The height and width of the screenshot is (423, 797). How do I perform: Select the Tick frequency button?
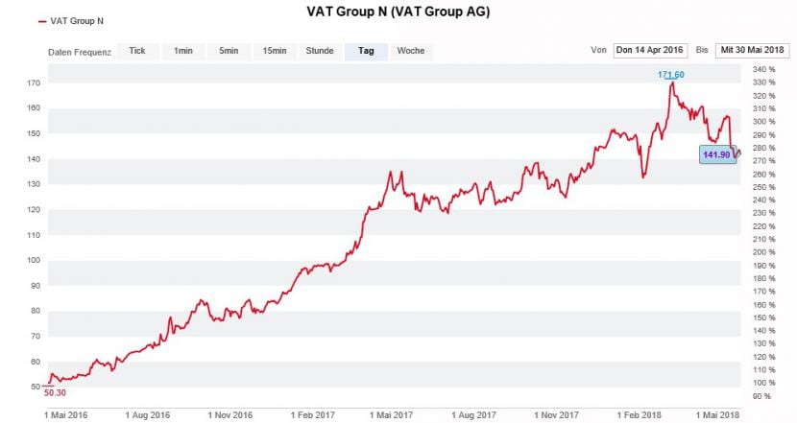[x=137, y=51]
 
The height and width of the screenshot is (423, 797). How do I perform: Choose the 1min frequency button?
[x=182, y=51]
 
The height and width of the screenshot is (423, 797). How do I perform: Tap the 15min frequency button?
[x=274, y=51]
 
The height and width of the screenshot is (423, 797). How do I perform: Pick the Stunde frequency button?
[x=320, y=51]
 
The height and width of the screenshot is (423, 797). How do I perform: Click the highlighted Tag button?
[x=366, y=51]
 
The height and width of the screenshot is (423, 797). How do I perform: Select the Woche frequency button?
[x=411, y=51]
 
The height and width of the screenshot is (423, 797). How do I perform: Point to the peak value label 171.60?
[x=672, y=75]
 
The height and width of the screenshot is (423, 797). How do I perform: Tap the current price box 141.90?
[x=717, y=153]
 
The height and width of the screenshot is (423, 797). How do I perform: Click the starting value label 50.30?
[x=56, y=392]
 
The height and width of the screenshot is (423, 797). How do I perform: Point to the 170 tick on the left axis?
[x=33, y=83]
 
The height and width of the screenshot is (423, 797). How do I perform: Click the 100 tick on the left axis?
[x=33, y=260]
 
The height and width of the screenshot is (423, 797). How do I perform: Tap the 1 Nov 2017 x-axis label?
[x=557, y=414]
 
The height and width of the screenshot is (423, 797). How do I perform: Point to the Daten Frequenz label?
[x=79, y=52]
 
